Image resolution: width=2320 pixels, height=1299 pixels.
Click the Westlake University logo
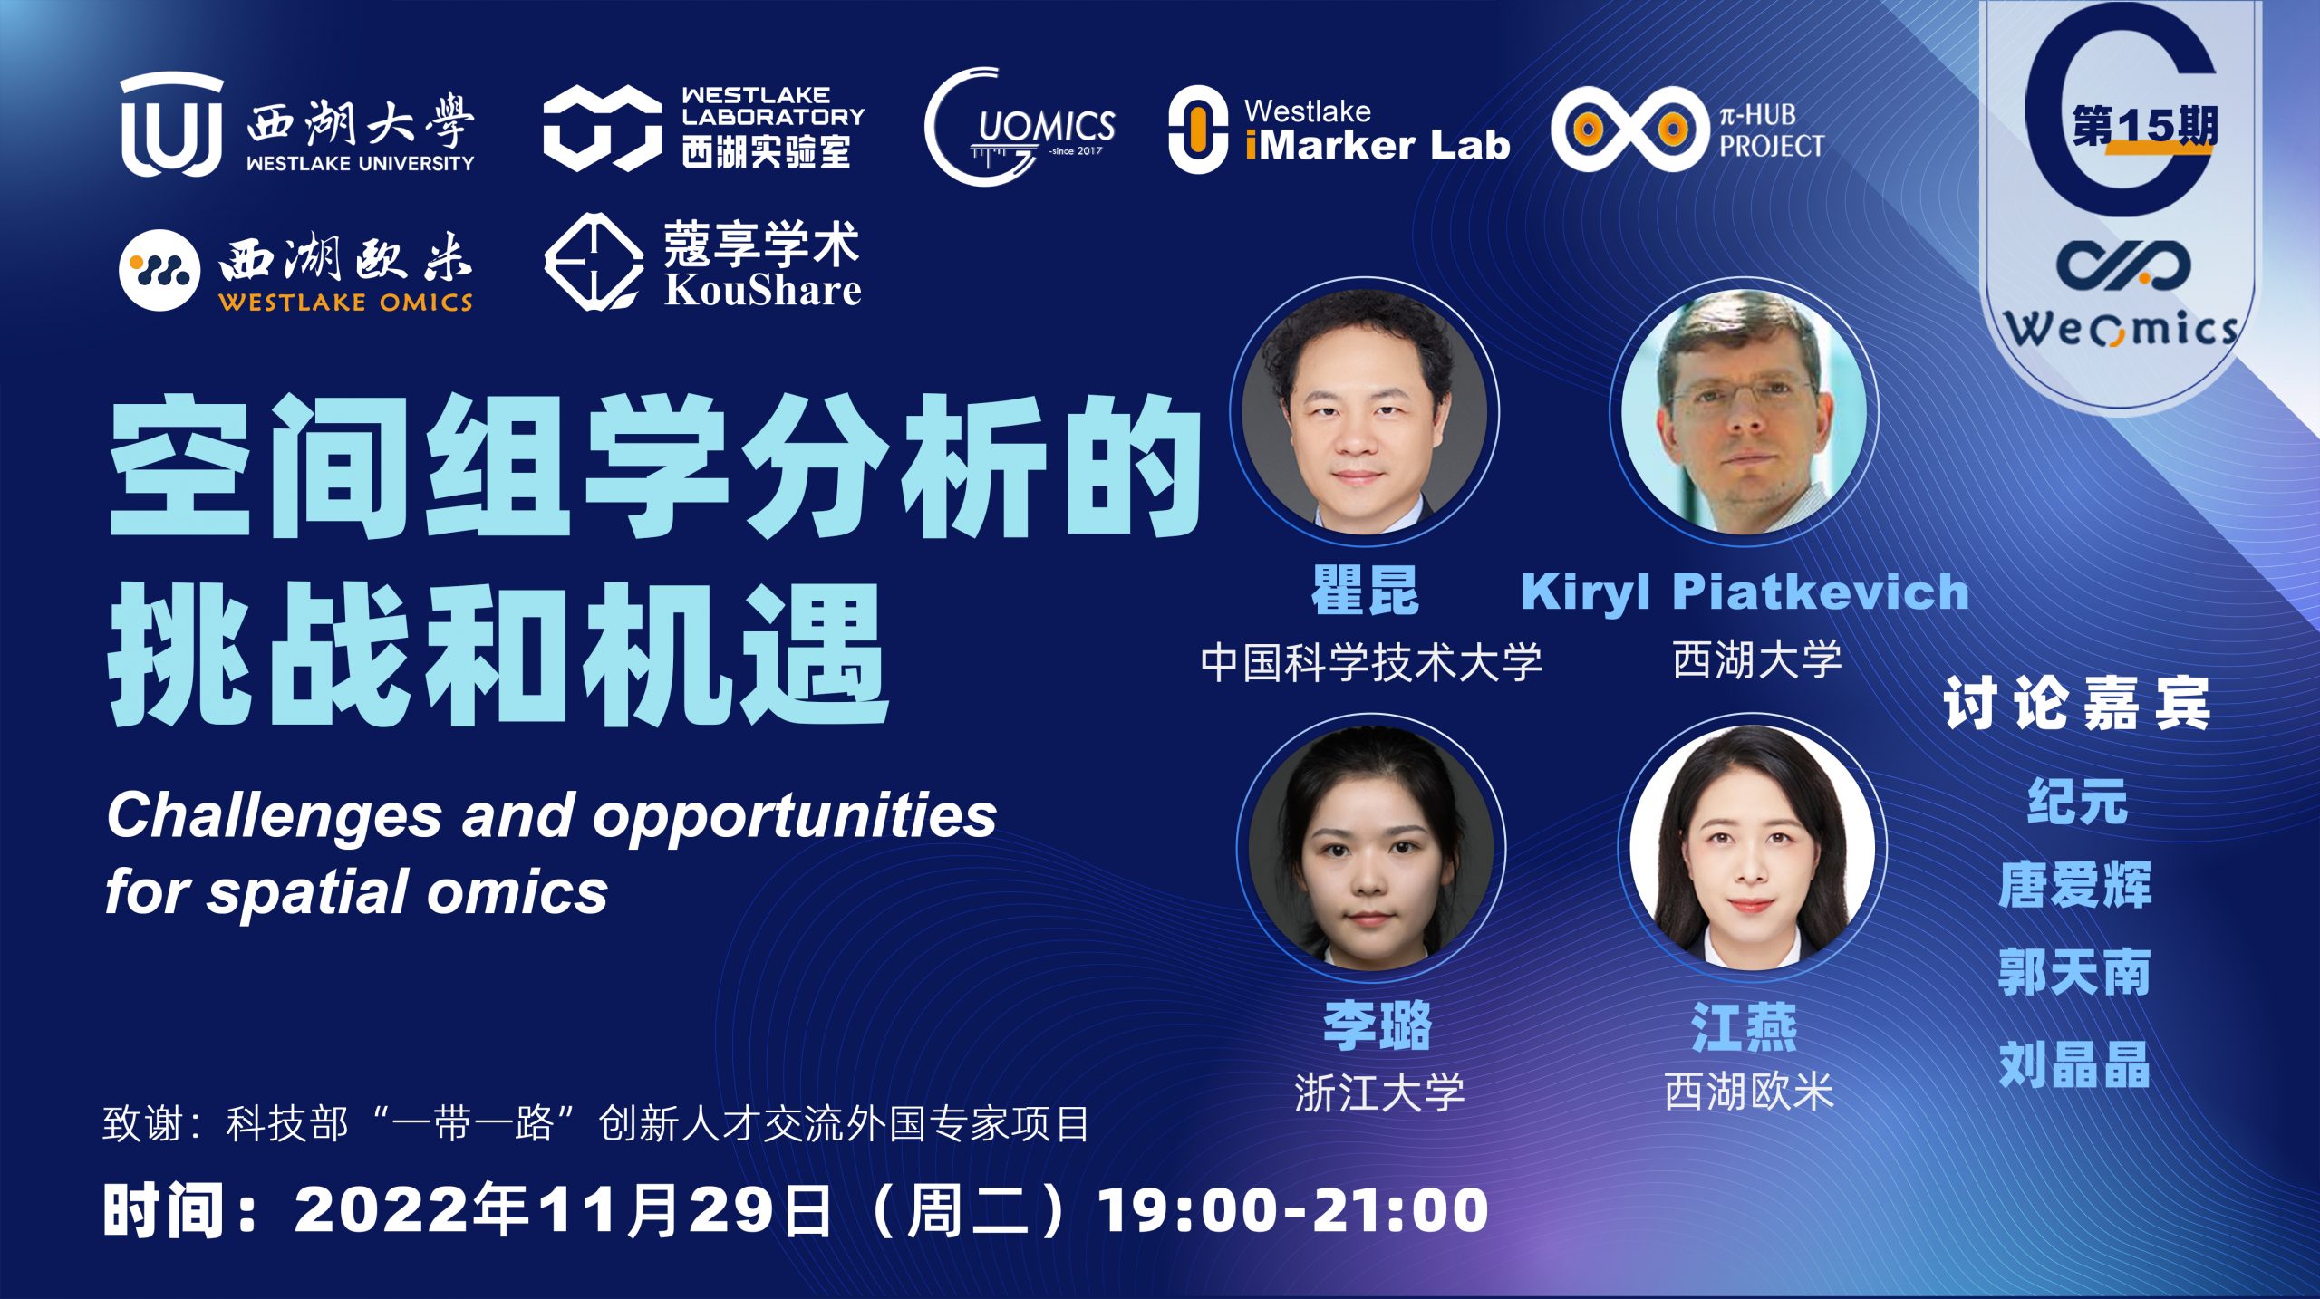click(x=297, y=125)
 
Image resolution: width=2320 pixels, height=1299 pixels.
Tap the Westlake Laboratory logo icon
click(x=602, y=128)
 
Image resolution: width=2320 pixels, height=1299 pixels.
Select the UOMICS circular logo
click(x=1020, y=127)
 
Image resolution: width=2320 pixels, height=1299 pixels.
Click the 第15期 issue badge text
click(x=2145, y=126)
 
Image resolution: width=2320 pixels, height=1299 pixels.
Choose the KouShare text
click(x=762, y=290)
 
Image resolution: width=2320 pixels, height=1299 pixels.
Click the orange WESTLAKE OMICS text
click(x=345, y=302)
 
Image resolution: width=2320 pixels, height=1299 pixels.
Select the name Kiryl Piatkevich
click(x=1745, y=592)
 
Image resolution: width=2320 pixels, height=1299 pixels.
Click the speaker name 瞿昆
click(x=1366, y=590)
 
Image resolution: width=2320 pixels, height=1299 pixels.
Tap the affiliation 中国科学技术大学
click(x=1371, y=661)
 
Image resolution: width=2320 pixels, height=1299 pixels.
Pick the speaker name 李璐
click(x=1377, y=1025)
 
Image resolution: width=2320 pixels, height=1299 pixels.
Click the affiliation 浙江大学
click(x=1379, y=1092)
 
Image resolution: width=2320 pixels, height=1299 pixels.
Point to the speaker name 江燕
click(x=1745, y=1027)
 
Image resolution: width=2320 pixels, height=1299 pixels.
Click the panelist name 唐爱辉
click(x=2075, y=885)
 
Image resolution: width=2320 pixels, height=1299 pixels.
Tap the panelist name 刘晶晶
click(x=2075, y=1063)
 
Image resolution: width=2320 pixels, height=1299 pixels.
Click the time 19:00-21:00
click(x=1293, y=1210)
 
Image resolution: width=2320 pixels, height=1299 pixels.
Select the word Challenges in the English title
click(x=275, y=816)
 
